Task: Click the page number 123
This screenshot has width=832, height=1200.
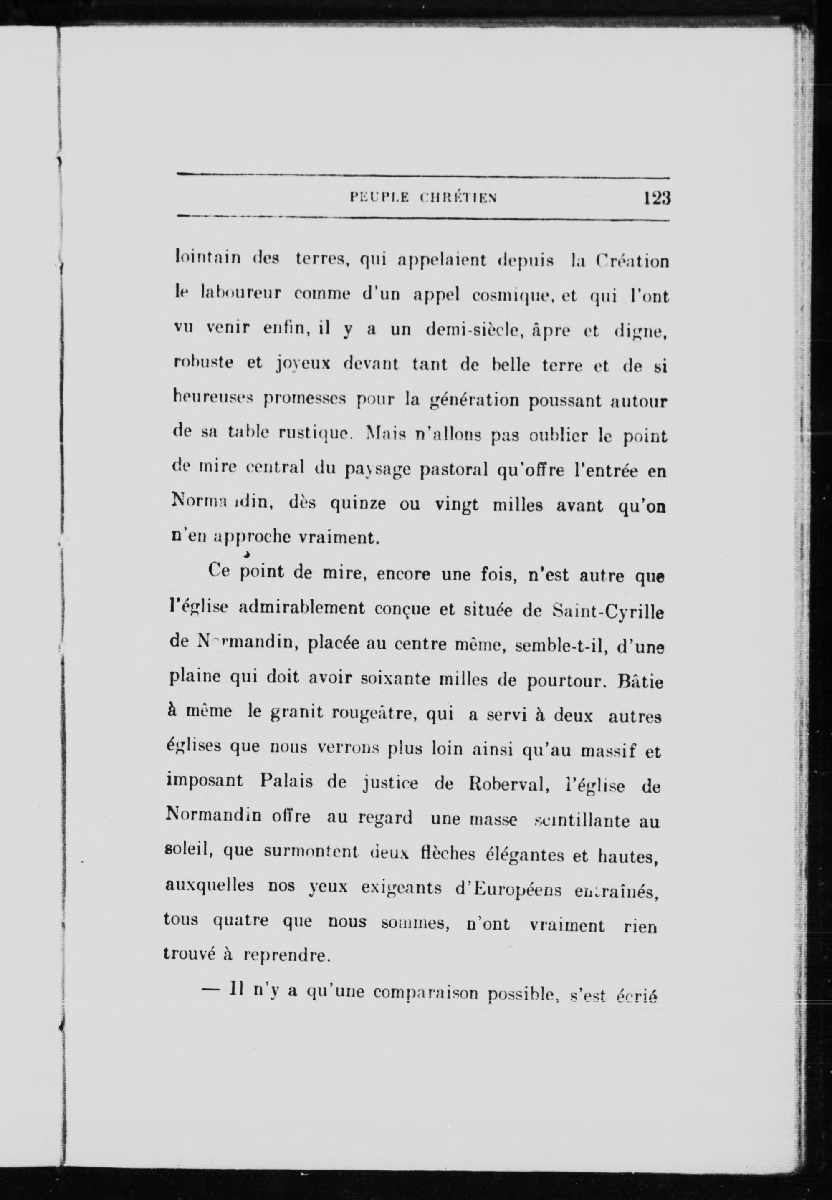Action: [656, 199]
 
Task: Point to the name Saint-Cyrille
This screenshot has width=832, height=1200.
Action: [607, 611]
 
